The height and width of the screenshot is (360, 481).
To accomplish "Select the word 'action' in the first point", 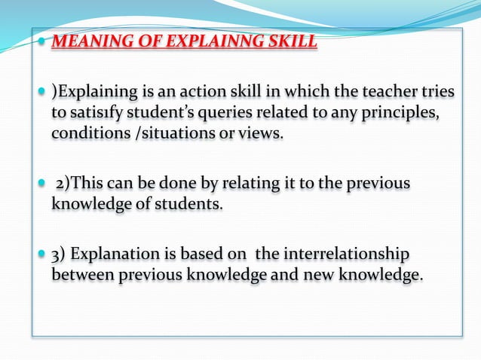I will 203,93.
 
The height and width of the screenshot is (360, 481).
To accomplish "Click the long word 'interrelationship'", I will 344,255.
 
